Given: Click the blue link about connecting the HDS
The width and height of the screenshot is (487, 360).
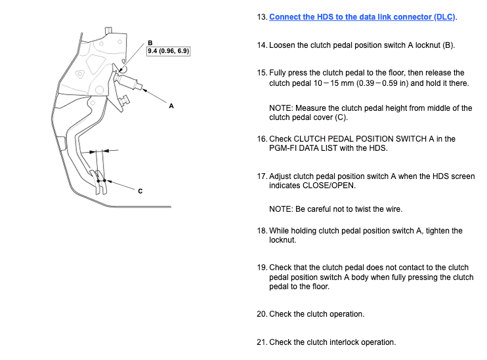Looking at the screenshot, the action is point(362,17).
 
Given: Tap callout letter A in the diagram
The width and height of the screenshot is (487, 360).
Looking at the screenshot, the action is point(171,106).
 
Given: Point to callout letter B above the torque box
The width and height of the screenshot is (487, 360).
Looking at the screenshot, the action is point(150,43).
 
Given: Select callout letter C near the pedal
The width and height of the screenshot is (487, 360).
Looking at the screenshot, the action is point(140,191).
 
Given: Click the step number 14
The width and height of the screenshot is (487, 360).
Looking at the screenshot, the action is point(262,45).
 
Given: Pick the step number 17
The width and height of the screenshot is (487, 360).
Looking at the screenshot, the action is point(262,176).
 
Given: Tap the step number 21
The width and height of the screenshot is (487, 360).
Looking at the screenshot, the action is point(262,342).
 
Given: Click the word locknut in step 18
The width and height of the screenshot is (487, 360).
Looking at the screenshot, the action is point(282,240).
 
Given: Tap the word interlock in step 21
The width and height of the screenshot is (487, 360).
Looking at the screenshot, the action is point(344,342).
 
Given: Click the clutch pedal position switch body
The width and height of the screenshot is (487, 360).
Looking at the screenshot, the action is point(128,82).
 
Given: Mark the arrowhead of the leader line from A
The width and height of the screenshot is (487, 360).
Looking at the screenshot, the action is point(144,90).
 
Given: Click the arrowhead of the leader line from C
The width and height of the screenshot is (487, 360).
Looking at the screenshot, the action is point(109,181).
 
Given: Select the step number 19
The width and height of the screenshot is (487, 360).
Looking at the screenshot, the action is point(262,268).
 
